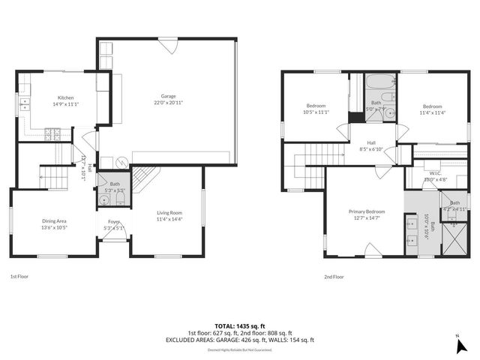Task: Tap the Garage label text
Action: (168, 97)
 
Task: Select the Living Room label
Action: (169, 213)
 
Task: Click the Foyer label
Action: (114, 222)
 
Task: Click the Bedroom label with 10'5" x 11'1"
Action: (316, 106)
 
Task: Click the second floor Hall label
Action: (371, 143)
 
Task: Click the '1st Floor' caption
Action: (19, 276)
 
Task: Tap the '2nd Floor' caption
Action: (334, 276)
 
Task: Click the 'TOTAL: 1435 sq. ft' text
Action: (239, 326)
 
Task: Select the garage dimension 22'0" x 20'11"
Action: (168, 102)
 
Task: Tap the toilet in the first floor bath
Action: (104, 200)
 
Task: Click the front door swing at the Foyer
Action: (114, 234)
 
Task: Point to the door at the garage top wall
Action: (171, 46)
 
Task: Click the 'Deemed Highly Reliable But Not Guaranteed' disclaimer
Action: (239, 349)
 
